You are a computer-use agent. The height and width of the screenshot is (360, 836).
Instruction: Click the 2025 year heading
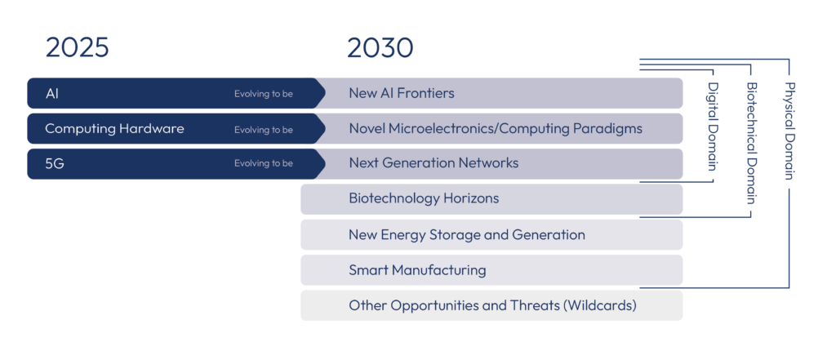click(x=78, y=47)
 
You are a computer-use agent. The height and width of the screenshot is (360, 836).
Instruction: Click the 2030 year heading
click(x=380, y=48)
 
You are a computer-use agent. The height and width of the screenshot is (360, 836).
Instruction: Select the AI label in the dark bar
click(x=52, y=93)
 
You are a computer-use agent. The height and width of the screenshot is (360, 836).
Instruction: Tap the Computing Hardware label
click(x=114, y=128)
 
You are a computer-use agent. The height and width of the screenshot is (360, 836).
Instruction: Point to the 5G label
click(x=55, y=164)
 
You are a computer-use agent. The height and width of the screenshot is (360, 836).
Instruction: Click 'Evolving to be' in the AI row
click(x=264, y=94)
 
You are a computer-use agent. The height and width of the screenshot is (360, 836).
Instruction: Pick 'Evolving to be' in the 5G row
click(x=264, y=164)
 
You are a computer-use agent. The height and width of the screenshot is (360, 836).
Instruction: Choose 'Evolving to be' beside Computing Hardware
click(x=264, y=129)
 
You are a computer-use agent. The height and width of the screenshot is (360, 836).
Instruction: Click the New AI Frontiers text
click(x=402, y=93)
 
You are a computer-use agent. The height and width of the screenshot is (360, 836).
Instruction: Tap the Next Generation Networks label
click(x=434, y=162)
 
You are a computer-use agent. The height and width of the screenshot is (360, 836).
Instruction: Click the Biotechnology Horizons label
click(x=424, y=199)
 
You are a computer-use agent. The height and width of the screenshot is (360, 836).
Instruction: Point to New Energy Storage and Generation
click(x=466, y=234)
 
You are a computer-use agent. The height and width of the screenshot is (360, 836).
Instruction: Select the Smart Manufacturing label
click(x=417, y=270)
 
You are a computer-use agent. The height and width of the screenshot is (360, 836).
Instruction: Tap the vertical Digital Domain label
click(x=712, y=126)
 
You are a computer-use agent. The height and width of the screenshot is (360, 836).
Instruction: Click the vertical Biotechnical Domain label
click(x=751, y=143)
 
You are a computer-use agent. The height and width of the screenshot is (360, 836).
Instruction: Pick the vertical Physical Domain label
click(x=789, y=131)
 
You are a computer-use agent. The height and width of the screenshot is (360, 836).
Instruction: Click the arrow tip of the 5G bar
click(x=325, y=164)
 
